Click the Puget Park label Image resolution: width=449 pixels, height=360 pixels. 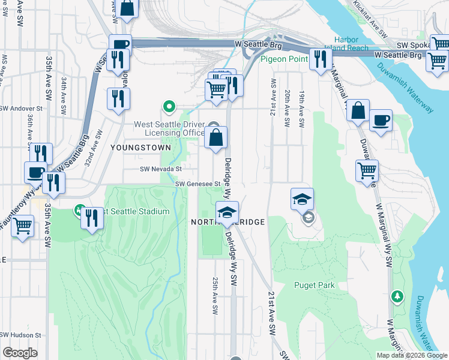[315, 286]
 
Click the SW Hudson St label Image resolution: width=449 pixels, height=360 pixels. [20, 335]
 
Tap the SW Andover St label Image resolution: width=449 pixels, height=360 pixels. [22, 109]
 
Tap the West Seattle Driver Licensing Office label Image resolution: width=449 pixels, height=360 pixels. [169, 128]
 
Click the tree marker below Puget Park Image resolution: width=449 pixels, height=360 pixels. [397, 296]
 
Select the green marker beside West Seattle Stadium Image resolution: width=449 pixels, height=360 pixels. [79, 211]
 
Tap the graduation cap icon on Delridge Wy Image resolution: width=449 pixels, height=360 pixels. [228, 212]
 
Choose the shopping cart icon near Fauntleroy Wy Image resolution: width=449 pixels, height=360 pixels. [23, 226]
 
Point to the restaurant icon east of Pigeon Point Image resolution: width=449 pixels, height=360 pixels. [320, 59]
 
